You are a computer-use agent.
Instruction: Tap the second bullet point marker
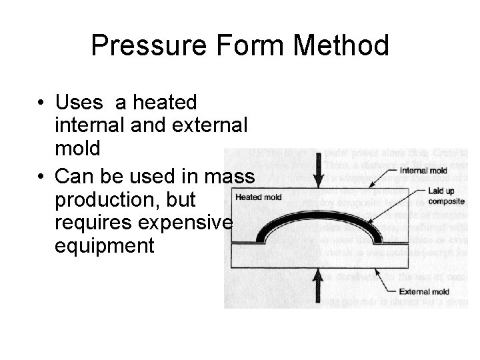pos(41,176)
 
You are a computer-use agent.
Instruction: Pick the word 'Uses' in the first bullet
pos(79,103)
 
